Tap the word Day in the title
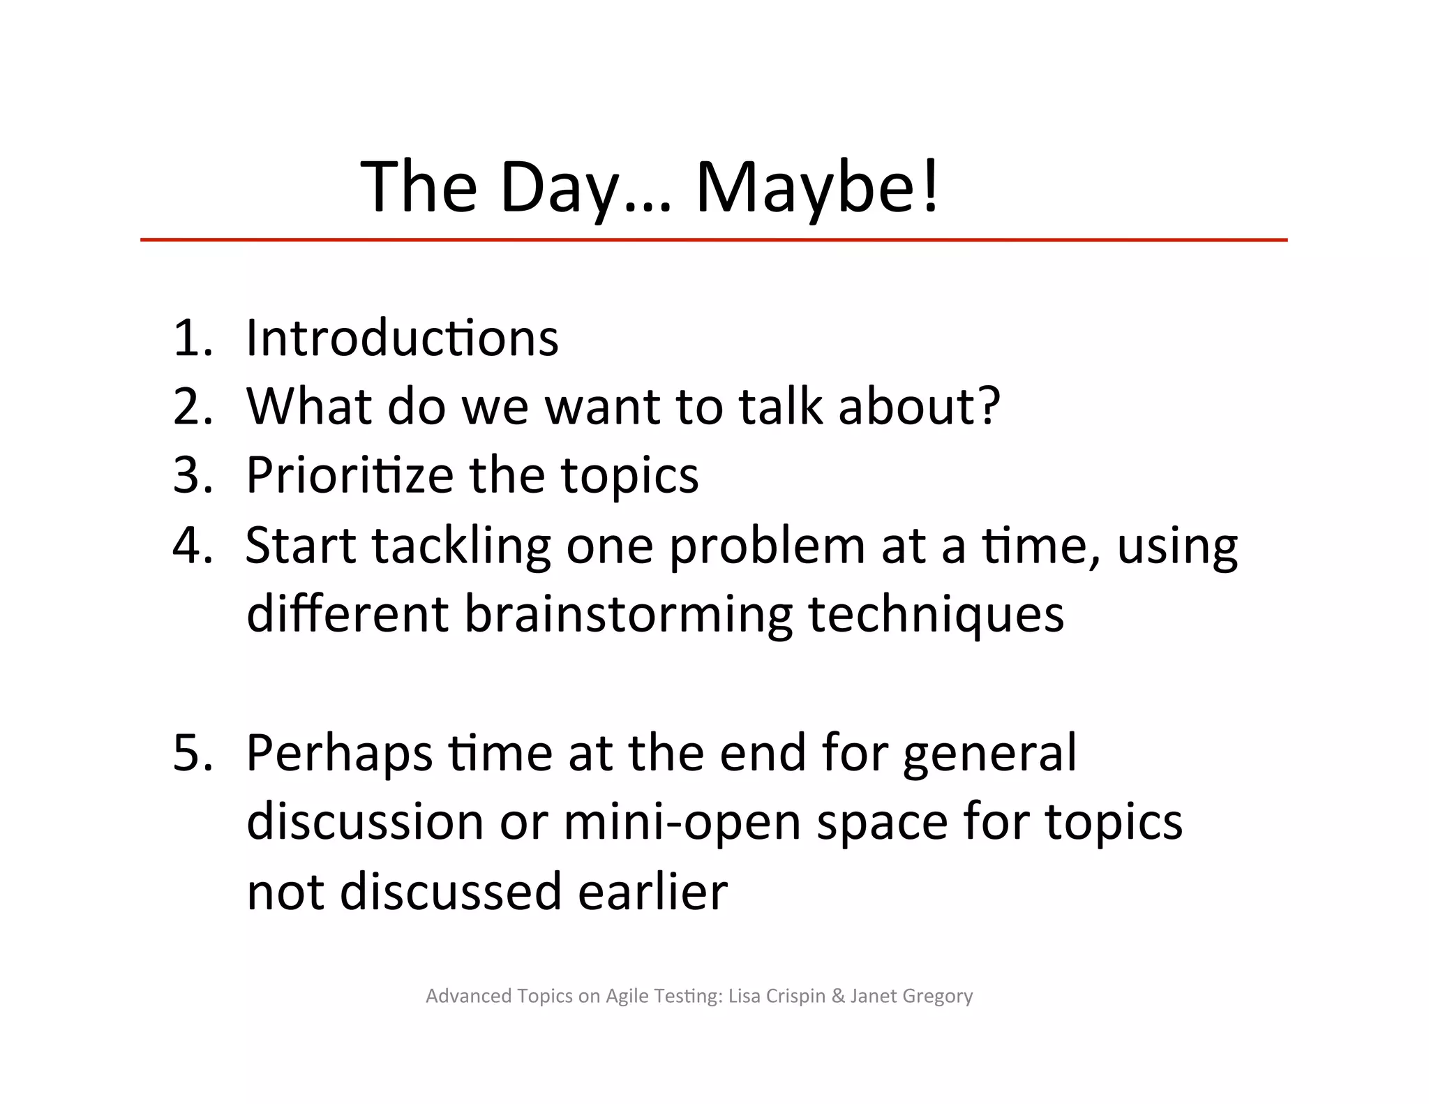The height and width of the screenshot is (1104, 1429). click(559, 187)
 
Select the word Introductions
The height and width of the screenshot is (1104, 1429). click(403, 338)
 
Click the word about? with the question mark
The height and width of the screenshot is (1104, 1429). click(919, 407)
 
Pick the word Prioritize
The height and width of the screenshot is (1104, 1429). click(350, 475)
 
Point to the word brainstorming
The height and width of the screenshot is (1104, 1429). click(628, 615)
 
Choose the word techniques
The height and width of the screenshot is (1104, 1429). click(936, 615)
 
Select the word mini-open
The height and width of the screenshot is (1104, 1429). click(682, 823)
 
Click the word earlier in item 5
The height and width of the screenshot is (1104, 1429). click(652, 891)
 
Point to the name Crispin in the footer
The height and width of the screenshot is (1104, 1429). click(795, 996)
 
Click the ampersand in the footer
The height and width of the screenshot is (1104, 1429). click(838, 996)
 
